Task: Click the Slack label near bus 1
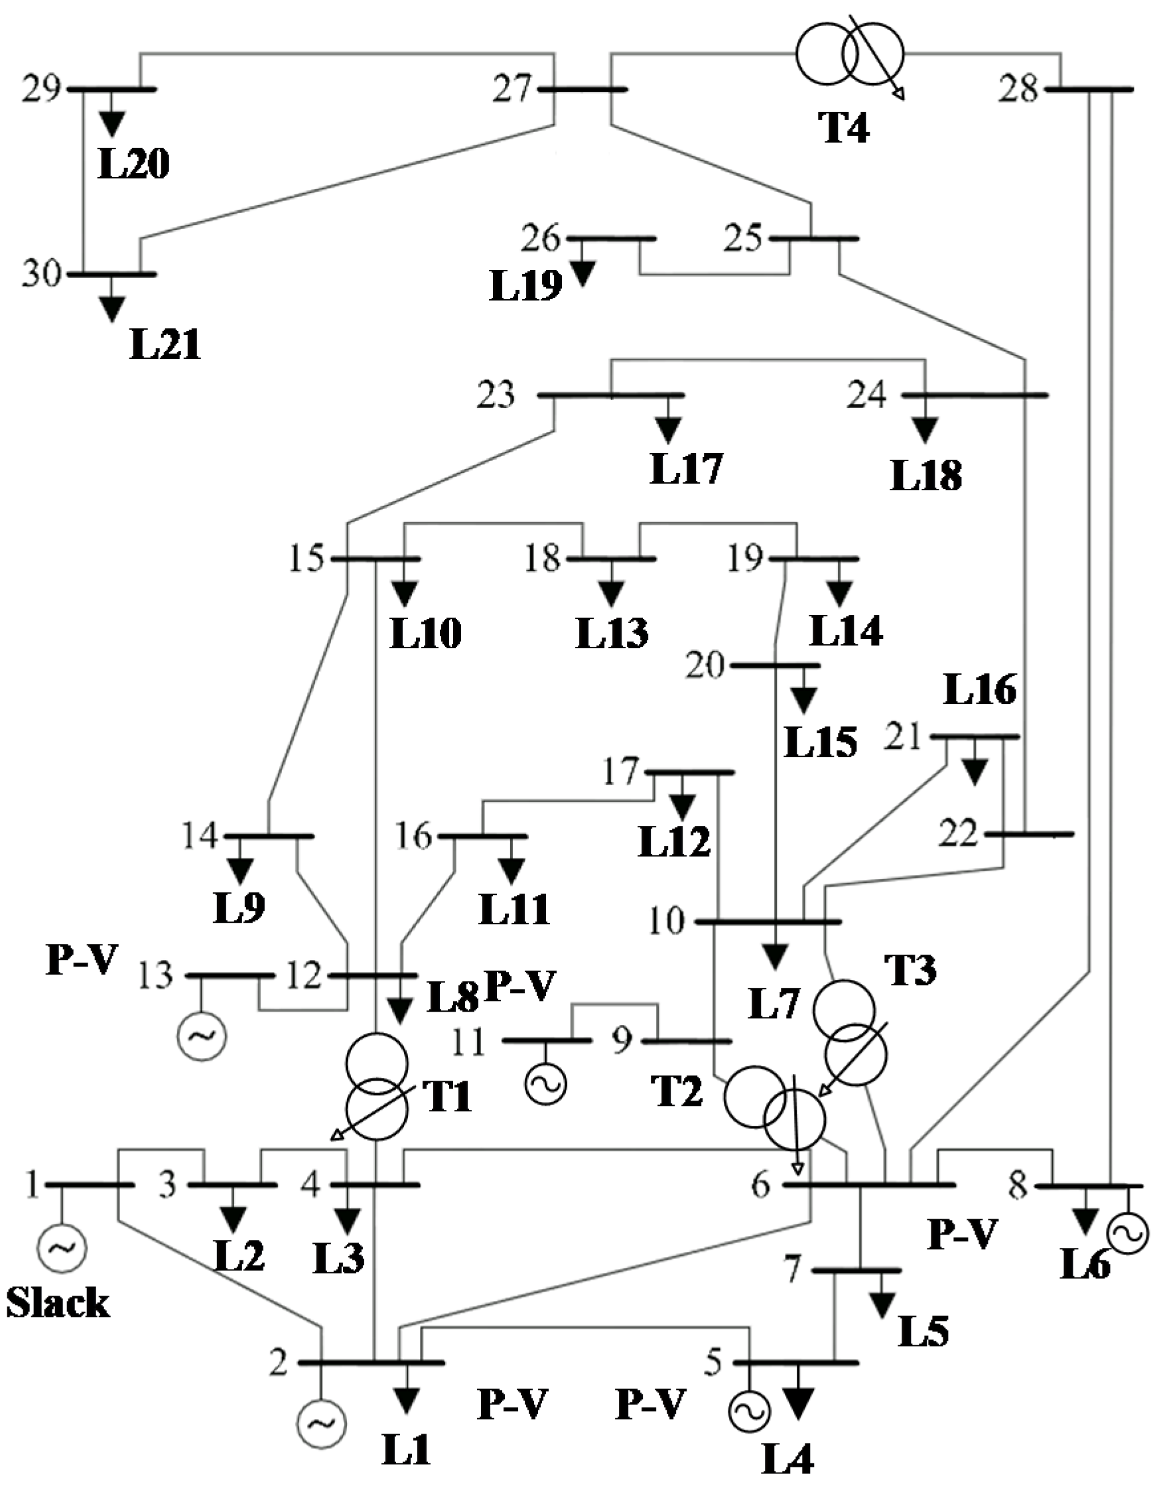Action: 58,1303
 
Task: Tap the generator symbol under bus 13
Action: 202,1036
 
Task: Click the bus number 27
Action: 512,89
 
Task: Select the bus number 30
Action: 42,274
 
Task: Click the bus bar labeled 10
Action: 768,922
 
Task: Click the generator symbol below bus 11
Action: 546,1083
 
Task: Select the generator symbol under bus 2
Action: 321,1424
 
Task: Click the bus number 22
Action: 958,833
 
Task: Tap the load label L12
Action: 675,841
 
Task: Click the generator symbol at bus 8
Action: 1128,1233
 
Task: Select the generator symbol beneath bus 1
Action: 61,1248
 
